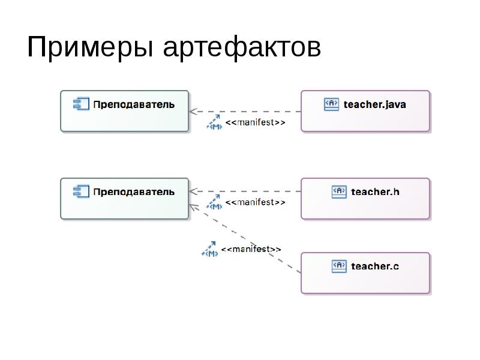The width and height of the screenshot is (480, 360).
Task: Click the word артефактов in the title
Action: point(242,48)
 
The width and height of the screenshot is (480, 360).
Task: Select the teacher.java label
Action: point(375,104)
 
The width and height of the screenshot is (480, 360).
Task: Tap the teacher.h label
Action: point(375,192)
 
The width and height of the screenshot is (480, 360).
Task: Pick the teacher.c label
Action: point(375,265)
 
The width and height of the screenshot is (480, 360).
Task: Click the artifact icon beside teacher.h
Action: point(339,191)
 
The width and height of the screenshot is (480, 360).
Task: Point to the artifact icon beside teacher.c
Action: point(339,265)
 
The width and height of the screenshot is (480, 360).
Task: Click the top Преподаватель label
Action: point(134,104)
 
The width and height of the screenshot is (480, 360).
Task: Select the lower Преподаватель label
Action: point(134,192)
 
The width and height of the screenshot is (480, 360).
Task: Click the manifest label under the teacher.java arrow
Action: point(255,124)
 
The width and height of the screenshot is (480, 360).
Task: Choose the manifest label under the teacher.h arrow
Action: point(255,203)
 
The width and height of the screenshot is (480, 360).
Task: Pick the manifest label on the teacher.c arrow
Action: point(250,248)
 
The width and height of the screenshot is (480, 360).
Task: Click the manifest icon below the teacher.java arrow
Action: point(214,124)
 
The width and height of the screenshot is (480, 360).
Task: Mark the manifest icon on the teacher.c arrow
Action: point(209,249)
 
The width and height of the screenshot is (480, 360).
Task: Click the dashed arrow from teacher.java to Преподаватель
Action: point(246,112)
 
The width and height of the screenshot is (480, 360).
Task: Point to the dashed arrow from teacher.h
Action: point(246,192)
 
